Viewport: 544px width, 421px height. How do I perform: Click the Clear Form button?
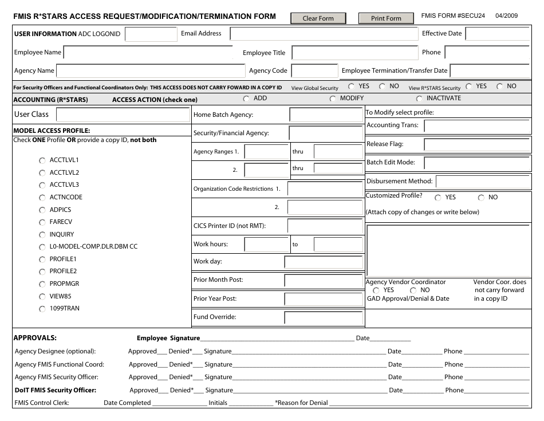point(318,18)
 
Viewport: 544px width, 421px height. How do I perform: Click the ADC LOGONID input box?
point(151,34)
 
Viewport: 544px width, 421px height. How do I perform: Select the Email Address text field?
point(324,34)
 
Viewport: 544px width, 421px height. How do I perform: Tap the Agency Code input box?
point(314,71)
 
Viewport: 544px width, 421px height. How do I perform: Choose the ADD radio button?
point(247,99)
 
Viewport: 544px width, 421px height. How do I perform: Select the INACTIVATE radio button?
point(419,99)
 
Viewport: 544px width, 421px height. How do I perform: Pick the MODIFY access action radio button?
point(333,99)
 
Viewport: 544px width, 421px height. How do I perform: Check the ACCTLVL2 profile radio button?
point(42,173)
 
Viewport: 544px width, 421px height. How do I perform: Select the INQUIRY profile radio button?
point(42,235)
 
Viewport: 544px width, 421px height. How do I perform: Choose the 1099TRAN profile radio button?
point(42,309)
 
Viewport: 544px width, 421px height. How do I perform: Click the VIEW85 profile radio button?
point(42,297)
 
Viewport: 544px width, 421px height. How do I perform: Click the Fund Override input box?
point(324,317)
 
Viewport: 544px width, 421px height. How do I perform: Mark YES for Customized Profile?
point(438,198)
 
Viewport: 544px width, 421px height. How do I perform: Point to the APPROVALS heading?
point(35,338)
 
